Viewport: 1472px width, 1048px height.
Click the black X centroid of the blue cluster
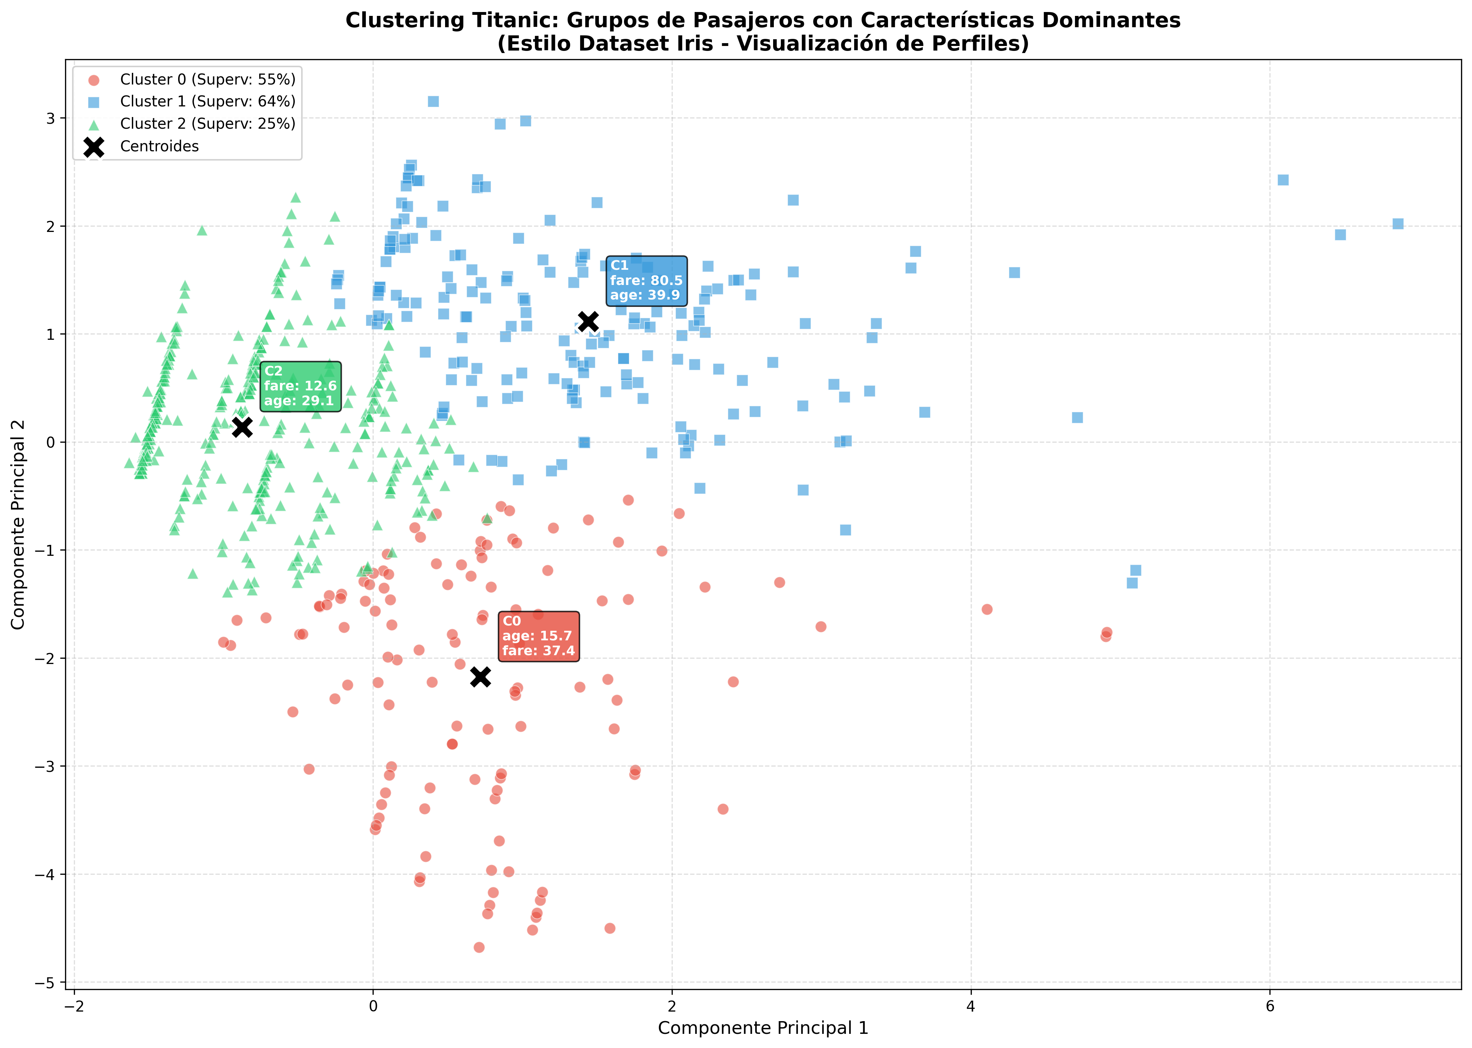[x=588, y=321]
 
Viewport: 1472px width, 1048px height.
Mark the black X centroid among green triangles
[x=242, y=426]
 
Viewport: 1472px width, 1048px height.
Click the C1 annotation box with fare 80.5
[x=646, y=281]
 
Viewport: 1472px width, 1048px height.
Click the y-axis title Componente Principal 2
[x=18, y=524]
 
